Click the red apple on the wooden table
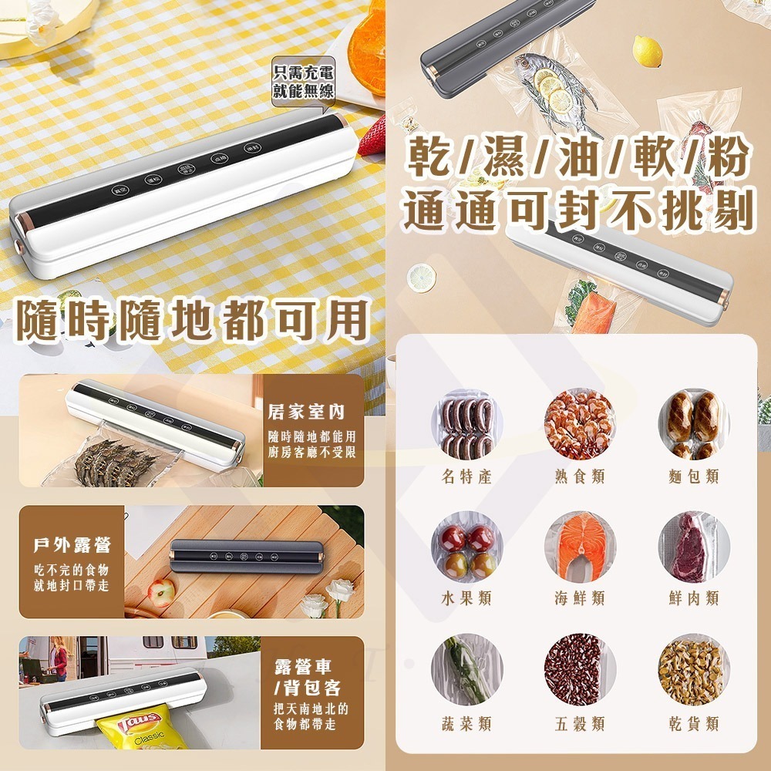162,593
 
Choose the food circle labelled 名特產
467,426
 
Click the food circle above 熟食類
580,426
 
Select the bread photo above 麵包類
693,426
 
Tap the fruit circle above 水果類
467,548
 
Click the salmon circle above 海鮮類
580,548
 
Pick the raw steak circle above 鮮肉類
693,548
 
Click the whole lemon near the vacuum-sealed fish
648,52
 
